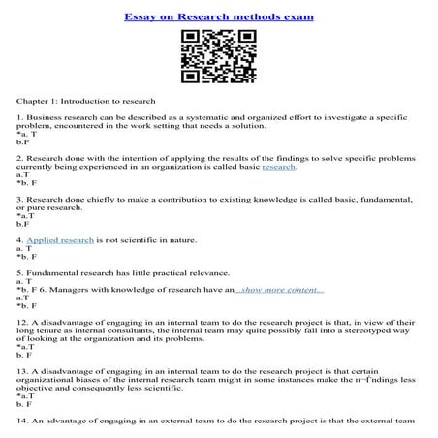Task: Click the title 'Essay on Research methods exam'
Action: (218, 17)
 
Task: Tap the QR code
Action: (218, 57)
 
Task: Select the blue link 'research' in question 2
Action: (278, 167)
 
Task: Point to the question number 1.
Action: (18, 117)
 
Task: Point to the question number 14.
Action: (21, 421)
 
